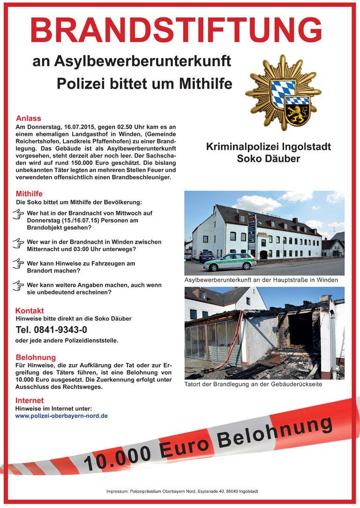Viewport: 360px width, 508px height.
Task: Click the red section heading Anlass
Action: [x=29, y=119]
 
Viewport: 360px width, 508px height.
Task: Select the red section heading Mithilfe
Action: [x=30, y=193]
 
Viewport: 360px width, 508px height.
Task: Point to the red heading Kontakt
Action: [x=30, y=311]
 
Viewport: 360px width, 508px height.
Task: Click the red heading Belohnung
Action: [x=36, y=357]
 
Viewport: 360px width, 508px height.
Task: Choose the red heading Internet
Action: [x=30, y=401]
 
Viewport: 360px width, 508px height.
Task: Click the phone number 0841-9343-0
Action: [x=52, y=330]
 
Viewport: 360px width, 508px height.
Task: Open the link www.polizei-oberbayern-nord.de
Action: [x=62, y=416]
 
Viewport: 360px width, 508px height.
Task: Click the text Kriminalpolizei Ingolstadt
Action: [x=269, y=147]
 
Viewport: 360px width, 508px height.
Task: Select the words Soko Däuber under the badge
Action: [x=269, y=159]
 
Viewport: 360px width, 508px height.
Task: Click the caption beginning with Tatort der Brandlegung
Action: [x=251, y=385]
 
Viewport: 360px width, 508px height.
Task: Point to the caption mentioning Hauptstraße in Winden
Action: [x=262, y=280]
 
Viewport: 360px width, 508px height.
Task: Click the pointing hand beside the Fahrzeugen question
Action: [x=18, y=263]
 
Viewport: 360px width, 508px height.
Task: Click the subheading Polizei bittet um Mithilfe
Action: [x=144, y=83]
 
